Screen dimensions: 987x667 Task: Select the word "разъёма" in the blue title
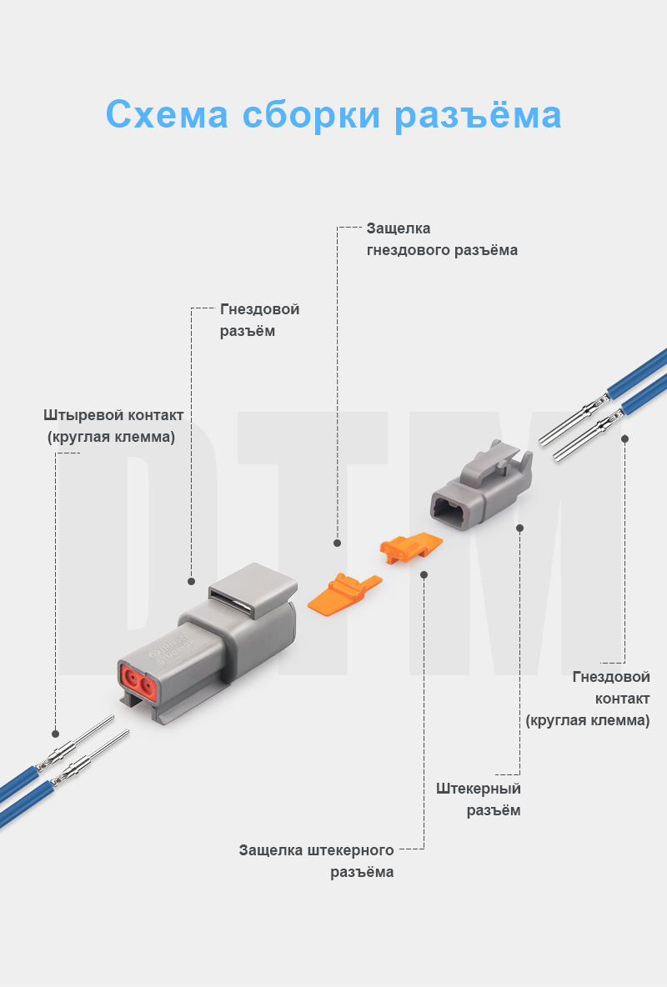click(x=478, y=115)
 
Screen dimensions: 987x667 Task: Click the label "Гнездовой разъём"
click(x=259, y=320)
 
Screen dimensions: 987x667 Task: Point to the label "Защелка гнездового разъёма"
click(x=442, y=239)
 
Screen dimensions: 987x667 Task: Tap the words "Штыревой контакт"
click(x=113, y=415)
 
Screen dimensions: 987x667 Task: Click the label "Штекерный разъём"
click(x=479, y=799)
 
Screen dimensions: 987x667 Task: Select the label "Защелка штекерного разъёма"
click(x=317, y=861)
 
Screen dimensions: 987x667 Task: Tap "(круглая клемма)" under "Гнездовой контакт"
click(x=588, y=720)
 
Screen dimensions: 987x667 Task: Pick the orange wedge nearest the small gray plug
click(x=410, y=547)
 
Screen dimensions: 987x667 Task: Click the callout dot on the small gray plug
click(x=519, y=528)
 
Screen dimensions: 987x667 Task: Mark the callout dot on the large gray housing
click(x=191, y=581)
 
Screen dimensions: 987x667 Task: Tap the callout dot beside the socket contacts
click(x=624, y=438)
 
